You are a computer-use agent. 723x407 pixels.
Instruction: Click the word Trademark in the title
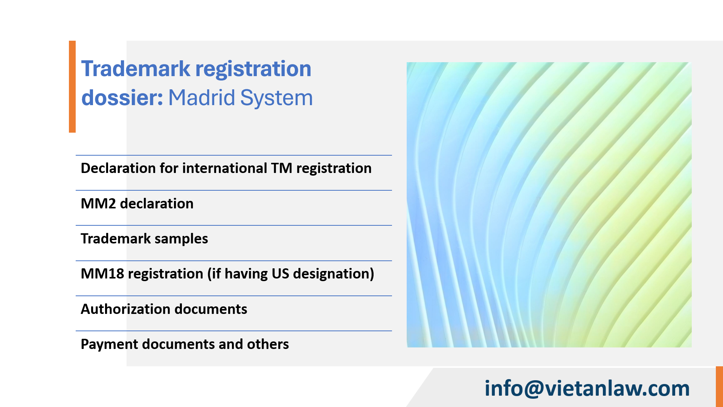coord(136,69)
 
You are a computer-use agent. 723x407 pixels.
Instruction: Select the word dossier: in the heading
coord(122,98)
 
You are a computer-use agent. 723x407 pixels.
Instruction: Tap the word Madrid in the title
coord(201,98)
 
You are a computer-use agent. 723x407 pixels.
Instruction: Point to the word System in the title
coord(276,98)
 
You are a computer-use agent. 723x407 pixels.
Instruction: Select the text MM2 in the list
coord(98,203)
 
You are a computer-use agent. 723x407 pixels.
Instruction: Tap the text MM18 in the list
coord(102,274)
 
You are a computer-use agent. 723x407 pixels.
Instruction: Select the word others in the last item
coord(268,344)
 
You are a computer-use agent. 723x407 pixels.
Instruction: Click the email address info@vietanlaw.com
coord(587,388)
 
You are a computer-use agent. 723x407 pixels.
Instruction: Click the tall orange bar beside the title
coord(72,87)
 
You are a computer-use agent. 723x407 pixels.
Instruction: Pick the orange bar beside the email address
coord(719,387)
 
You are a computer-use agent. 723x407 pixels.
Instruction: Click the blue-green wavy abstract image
coord(549,205)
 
